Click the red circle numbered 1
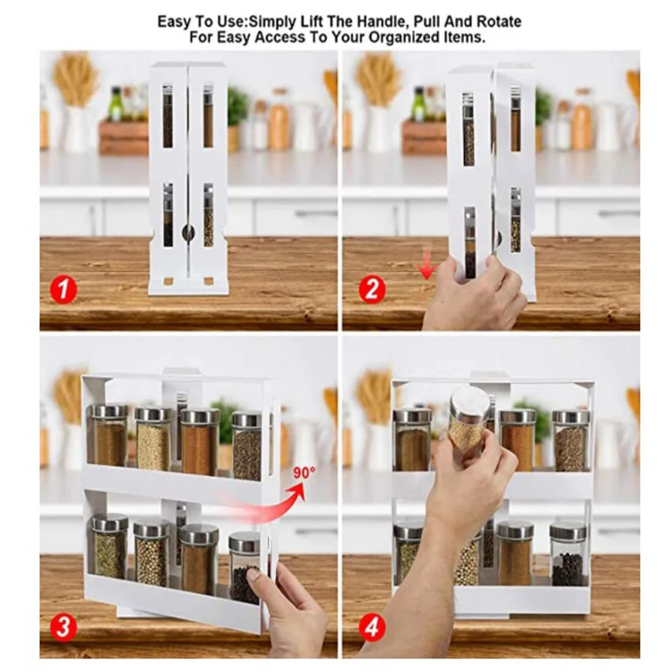(x=63, y=289)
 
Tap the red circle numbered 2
(x=372, y=289)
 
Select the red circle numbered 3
(x=63, y=628)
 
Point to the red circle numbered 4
(x=372, y=628)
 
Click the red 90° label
(x=304, y=473)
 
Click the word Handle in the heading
(x=378, y=21)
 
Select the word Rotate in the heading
(x=497, y=21)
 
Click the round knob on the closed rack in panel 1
(x=187, y=232)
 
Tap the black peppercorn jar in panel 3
(x=245, y=567)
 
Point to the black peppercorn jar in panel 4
(x=568, y=555)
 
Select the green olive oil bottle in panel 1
(x=115, y=104)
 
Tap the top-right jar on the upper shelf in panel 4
(x=570, y=441)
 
